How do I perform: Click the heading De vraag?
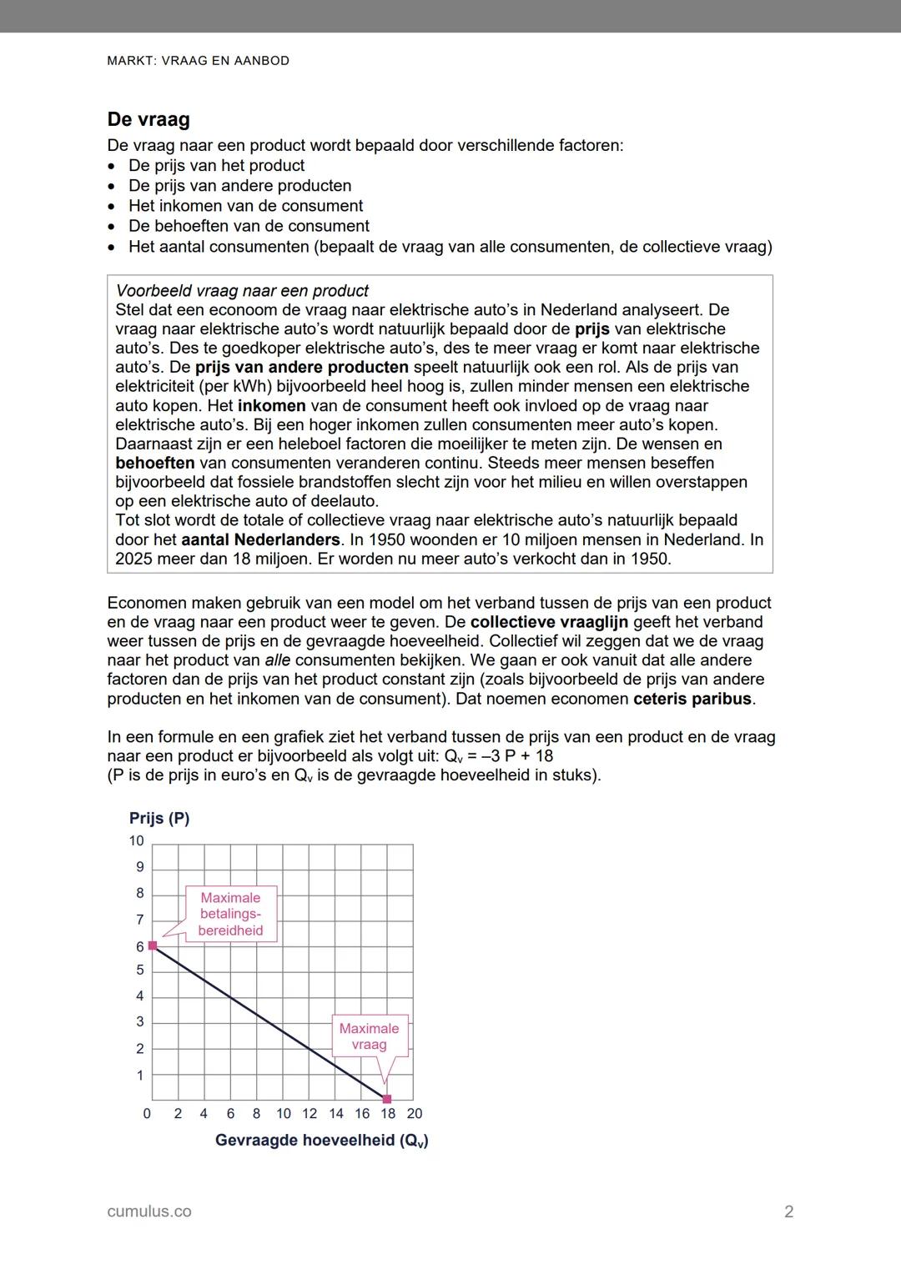pyautogui.click(x=148, y=119)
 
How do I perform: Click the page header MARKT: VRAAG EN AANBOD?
pyautogui.click(x=199, y=61)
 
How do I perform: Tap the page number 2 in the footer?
pyautogui.click(x=788, y=1211)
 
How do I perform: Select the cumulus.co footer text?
pyautogui.click(x=149, y=1211)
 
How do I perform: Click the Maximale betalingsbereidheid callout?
pyautogui.click(x=230, y=915)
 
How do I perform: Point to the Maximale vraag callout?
pyautogui.click(x=369, y=1036)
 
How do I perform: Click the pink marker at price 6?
pyautogui.click(x=153, y=945)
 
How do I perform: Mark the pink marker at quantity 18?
pyautogui.click(x=387, y=1099)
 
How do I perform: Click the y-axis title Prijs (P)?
pyautogui.click(x=159, y=818)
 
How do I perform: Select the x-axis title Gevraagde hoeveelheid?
pyautogui.click(x=321, y=1140)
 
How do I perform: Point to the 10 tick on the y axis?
pyautogui.click(x=136, y=840)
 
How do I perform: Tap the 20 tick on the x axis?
pyautogui.click(x=414, y=1113)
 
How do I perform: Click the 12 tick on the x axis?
pyautogui.click(x=310, y=1113)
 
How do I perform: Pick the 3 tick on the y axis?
pyautogui.click(x=140, y=1021)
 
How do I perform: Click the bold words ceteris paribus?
pyautogui.click(x=692, y=699)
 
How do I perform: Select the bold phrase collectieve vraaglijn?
pyautogui.click(x=549, y=622)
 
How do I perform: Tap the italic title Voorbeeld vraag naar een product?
pyautogui.click(x=242, y=291)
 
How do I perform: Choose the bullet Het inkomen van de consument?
pyautogui.click(x=245, y=206)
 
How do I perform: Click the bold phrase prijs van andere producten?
pyautogui.click(x=302, y=367)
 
